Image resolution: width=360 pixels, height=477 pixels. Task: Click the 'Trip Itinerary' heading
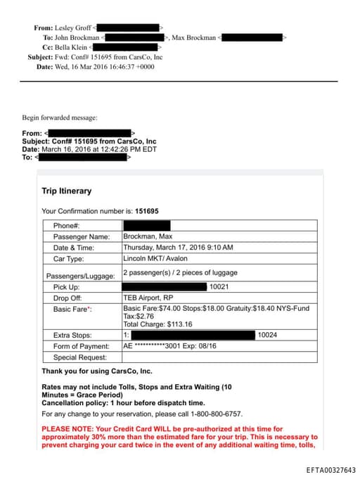[67, 191]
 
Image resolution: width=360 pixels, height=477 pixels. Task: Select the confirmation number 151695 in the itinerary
[147, 211]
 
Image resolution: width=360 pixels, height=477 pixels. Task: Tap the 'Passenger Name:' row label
[82, 236]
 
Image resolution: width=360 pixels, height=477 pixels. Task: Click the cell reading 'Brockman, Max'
[148, 236]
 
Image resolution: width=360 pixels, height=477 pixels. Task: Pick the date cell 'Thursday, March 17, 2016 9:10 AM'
[178, 248]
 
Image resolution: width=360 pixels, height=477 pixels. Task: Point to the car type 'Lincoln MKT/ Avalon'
[153, 258]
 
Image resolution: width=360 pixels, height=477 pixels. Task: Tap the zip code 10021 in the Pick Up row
[219, 287]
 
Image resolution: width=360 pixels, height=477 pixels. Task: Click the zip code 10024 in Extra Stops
[267, 335]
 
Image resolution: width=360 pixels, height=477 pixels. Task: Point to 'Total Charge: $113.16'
[157, 324]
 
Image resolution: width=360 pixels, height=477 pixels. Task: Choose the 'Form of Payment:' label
[82, 346]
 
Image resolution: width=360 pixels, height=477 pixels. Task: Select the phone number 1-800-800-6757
[212, 414]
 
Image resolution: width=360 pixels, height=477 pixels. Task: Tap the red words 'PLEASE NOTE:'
[67, 428]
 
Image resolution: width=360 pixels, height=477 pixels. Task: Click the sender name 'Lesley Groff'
[73, 27]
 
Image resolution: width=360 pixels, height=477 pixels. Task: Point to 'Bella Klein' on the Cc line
[73, 47]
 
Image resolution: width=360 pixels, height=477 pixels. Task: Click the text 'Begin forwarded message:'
[60, 117]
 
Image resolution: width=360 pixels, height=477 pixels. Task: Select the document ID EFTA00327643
[330, 470]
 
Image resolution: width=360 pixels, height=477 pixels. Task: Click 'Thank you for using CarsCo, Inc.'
[97, 371]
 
